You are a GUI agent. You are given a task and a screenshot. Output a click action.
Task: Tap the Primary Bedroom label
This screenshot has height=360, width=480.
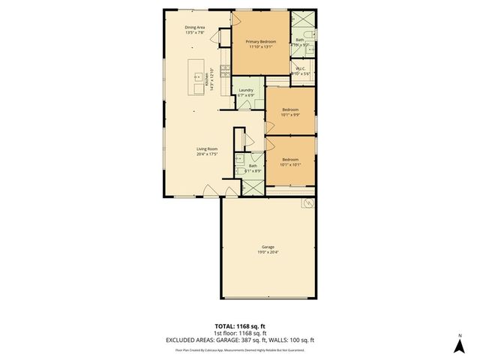[x=260, y=41]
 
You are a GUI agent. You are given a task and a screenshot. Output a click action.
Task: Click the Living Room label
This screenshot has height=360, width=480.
[x=207, y=148]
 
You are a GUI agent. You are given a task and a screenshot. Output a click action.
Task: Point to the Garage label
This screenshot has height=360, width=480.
[x=268, y=247]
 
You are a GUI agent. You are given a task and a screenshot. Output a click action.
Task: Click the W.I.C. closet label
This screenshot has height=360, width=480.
[x=300, y=67]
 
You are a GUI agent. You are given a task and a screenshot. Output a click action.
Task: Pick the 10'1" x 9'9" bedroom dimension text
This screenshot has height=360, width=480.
[x=289, y=115]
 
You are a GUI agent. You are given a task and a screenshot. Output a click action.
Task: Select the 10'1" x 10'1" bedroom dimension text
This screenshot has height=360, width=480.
[x=290, y=164]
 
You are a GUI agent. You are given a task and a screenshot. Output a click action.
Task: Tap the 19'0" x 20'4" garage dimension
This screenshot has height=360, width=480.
[x=268, y=252]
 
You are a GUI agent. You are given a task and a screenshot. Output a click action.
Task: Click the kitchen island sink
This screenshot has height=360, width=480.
[x=200, y=76]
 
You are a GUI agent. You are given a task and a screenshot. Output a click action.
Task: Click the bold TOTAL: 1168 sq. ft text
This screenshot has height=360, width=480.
[x=240, y=326]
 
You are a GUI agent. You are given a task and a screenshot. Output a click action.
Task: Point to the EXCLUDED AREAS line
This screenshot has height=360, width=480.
[x=240, y=340]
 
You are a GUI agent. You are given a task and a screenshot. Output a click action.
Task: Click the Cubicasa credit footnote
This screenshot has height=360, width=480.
[x=240, y=349]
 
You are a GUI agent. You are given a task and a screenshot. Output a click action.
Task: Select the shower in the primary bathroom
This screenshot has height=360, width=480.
[x=301, y=21]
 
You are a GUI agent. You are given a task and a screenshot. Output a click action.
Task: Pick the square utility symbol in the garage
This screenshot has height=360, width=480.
[x=307, y=203]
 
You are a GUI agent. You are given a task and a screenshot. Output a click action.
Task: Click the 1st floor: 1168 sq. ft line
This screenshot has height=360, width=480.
[x=240, y=333]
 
